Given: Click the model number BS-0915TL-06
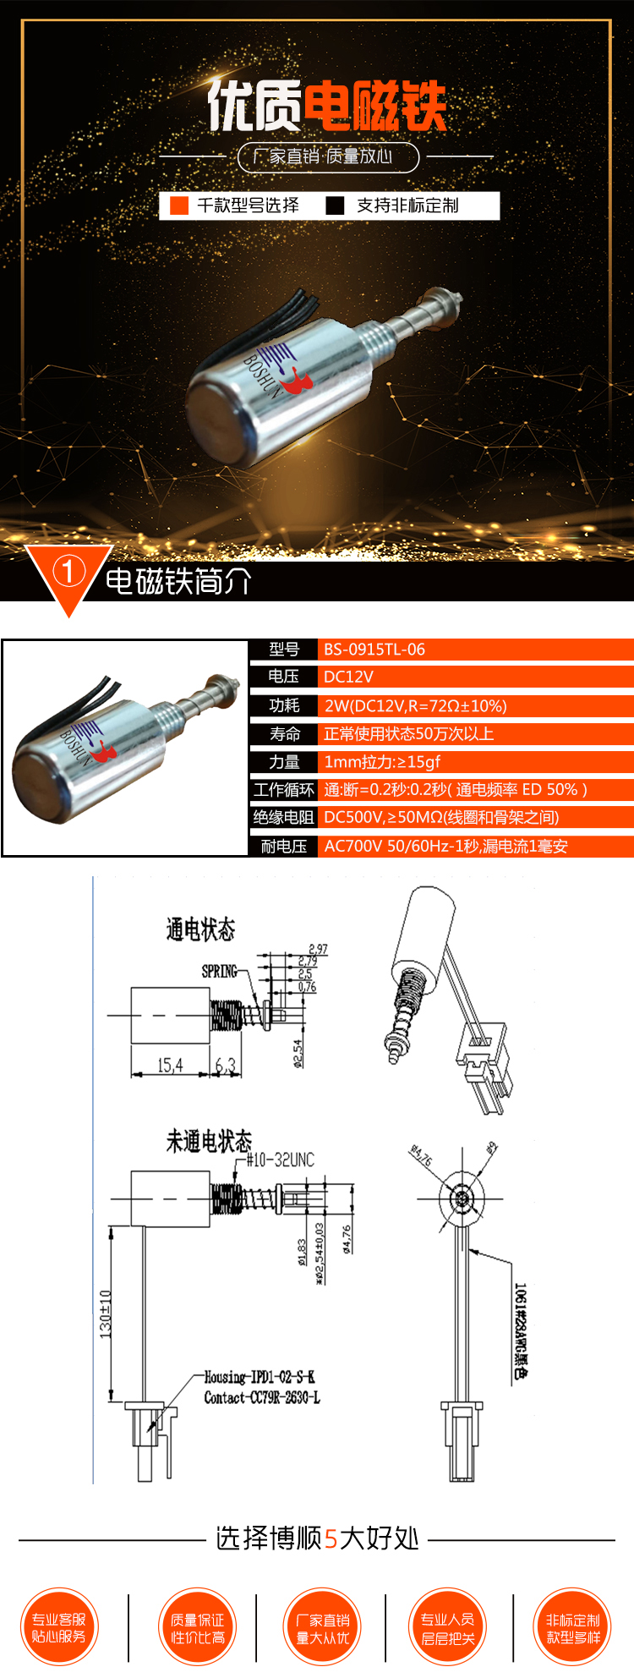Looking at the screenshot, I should click(374, 650).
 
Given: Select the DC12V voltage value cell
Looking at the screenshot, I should click(348, 677).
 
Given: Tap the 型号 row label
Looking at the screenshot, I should click(284, 650).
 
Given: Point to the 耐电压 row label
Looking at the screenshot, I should click(284, 846).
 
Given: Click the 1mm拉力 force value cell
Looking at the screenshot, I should click(382, 762).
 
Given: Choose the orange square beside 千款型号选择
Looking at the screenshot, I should click(179, 206).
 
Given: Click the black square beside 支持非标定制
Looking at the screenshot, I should click(336, 206).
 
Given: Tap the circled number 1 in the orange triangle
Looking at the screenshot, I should click(68, 572).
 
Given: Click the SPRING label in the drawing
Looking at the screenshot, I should click(219, 971).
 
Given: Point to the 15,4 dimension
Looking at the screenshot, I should click(170, 1066).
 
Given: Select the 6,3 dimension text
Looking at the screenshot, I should click(226, 1066).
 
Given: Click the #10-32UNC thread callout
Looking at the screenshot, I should click(280, 1160).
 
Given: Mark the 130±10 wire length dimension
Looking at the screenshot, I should click(106, 1313).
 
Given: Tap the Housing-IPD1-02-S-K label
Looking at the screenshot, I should click(260, 1377).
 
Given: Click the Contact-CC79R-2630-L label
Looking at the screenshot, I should click(262, 1397).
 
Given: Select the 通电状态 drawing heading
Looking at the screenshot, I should click(200, 929).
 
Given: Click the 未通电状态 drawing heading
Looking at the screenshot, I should click(209, 1141).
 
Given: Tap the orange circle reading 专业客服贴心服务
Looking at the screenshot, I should click(58, 1627).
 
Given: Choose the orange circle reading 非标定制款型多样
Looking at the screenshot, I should click(572, 1627).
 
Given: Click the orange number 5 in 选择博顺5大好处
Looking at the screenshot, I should click(331, 1538).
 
